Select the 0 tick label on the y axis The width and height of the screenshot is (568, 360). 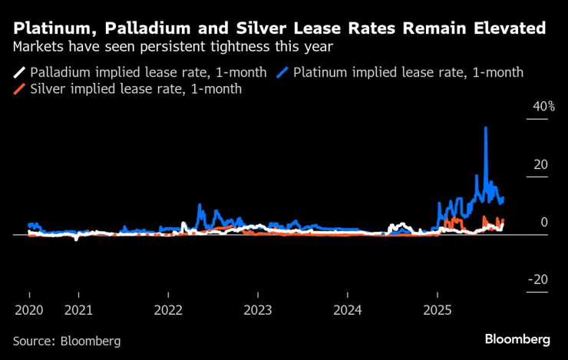543,222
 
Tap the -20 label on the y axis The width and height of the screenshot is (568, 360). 537,279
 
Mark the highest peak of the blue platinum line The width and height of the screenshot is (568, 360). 485,127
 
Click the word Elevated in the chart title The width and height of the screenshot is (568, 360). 507,28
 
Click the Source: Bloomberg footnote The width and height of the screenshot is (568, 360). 66,339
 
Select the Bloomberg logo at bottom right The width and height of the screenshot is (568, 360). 517,339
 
